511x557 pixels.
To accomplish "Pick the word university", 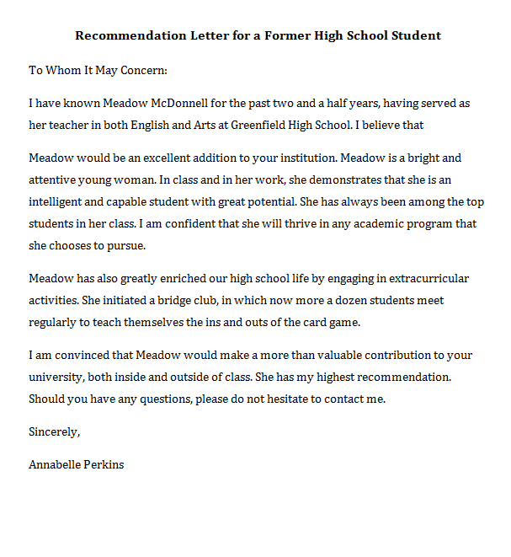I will (56, 378).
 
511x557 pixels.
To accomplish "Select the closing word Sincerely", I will (54, 432).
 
